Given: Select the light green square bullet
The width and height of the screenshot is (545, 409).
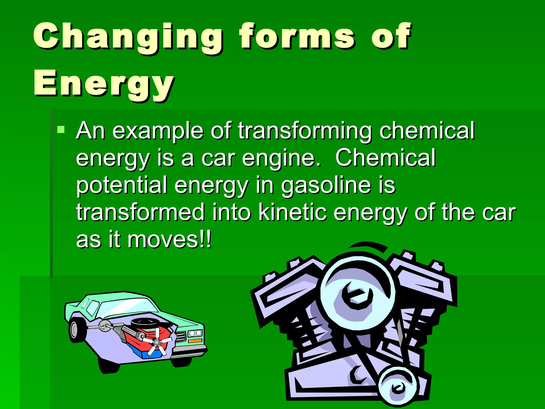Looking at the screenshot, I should (x=61, y=130).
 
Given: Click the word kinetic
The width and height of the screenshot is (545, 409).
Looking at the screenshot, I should (x=292, y=212).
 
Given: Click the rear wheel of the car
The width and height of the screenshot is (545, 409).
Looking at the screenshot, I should (x=76, y=330).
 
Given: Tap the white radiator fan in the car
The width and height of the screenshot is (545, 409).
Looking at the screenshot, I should (x=157, y=341).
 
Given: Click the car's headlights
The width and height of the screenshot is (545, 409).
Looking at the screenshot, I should (x=195, y=333).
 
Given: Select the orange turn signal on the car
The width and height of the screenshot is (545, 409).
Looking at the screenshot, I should (x=195, y=341).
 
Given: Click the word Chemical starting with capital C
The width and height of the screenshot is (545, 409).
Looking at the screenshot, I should (x=385, y=158).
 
